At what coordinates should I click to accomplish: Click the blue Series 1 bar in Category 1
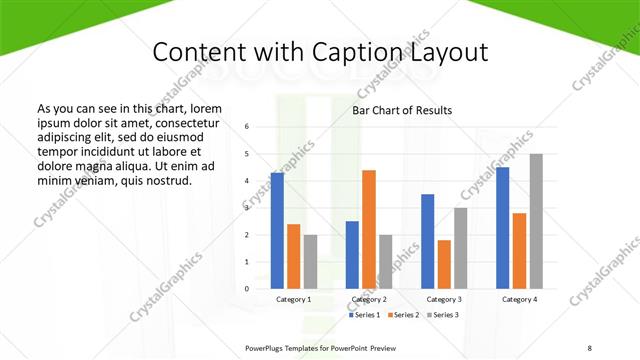pyautogui.click(x=277, y=231)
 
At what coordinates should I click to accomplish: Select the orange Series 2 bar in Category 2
pyautogui.click(x=369, y=229)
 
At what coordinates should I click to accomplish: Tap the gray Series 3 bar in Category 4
pyautogui.click(x=536, y=221)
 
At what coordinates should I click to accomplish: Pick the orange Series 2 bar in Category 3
pyautogui.click(x=444, y=264)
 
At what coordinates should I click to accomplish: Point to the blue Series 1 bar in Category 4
pyautogui.click(x=502, y=228)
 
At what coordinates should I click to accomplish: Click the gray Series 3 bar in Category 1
pyautogui.click(x=310, y=262)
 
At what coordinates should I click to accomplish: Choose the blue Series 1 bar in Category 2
pyautogui.click(x=352, y=255)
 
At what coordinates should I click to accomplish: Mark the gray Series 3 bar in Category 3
pyautogui.click(x=461, y=248)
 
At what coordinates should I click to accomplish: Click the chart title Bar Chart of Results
pyautogui.click(x=402, y=110)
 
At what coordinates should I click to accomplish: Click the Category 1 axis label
pyautogui.click(x=294, y=299)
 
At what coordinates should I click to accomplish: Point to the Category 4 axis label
pyautogui.click(x=519, y=299)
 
